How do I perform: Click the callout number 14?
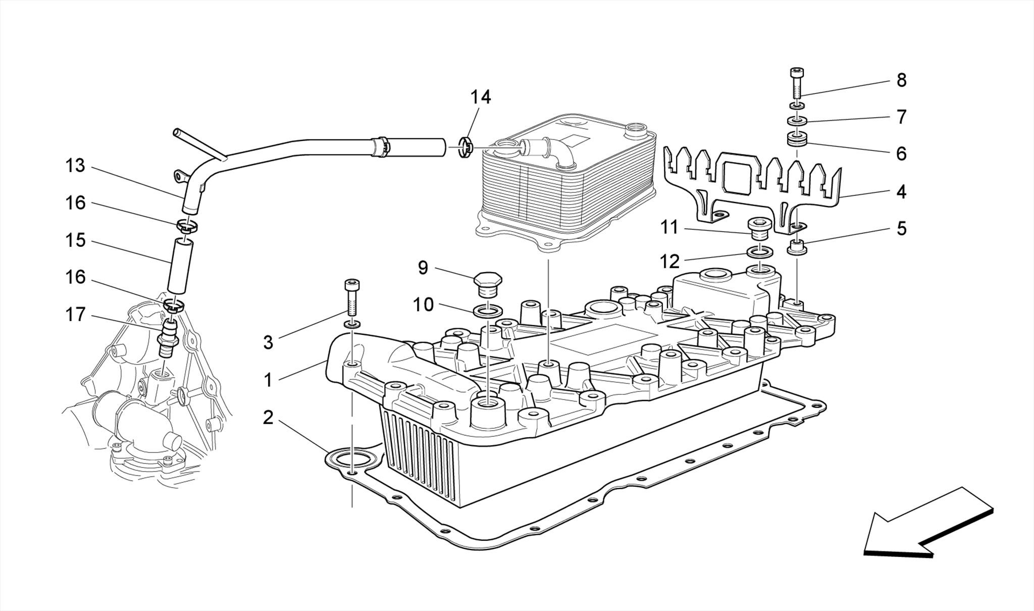481,97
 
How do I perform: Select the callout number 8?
901,80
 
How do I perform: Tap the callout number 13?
75,166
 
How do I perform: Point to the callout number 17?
75,315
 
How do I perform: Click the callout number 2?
268,417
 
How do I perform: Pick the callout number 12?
670,261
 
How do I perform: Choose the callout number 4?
901,192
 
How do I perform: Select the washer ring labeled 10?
488,311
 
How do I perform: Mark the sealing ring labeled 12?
760,251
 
